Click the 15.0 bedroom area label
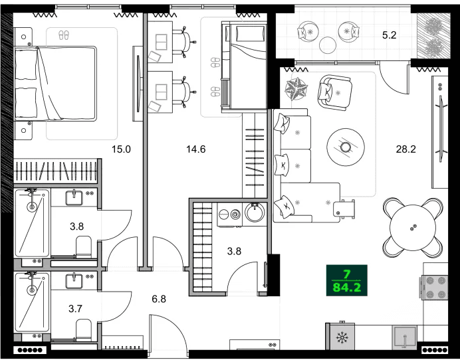[122, 149]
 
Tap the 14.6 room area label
[196, 149]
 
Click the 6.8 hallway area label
[158, 299]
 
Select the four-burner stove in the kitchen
[435, 287]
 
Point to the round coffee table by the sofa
[346, 144]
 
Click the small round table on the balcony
[328, 45]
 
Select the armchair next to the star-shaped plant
[334, 91]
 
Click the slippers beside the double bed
[64, 35]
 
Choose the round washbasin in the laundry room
[256, 213]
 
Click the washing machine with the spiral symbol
[232, 215]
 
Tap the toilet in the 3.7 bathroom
[84, 329]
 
